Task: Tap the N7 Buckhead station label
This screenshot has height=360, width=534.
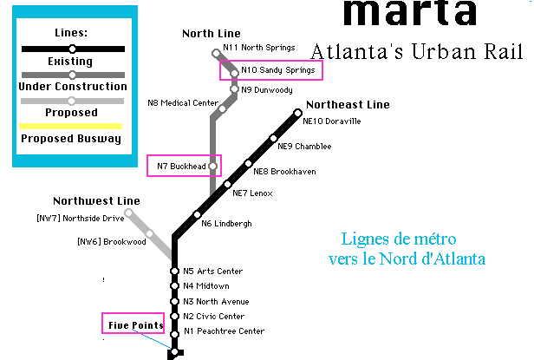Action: [x=185, y=166]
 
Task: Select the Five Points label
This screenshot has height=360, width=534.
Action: [x=135, y=325]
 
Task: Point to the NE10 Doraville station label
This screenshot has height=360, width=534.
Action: [x=331, y=121]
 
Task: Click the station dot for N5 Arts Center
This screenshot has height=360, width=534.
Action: [x=174, y=272]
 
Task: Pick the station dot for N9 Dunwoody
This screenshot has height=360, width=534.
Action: [x=234, y=89]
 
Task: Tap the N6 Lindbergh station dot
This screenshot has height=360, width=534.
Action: [x=197, y=215]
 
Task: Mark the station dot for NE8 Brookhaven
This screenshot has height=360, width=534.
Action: [x=248, y=163]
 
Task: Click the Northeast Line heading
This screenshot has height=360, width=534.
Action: [x=348, y=105]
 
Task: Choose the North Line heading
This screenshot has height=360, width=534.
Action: [x=211, y=34]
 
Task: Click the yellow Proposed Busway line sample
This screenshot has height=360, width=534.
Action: [x=72, y=126]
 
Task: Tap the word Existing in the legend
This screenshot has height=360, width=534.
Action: [x=72, y=62]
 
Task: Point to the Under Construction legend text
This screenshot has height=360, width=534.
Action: [x=72, y=87]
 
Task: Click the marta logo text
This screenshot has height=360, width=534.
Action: [x=408, y=12]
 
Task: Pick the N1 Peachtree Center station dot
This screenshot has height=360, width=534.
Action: [x=174, y=331]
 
